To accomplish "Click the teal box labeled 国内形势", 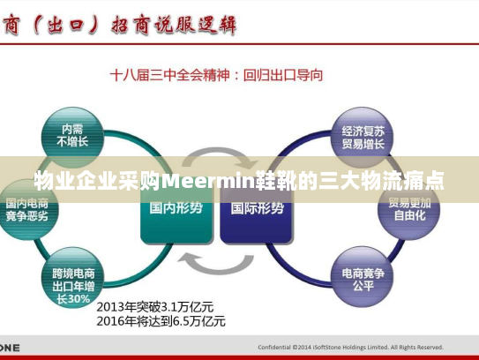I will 176,210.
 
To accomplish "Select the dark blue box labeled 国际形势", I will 257,210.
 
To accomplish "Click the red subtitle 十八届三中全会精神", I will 168,76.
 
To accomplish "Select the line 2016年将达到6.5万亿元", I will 161,321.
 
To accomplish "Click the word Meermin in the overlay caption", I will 209,183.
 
